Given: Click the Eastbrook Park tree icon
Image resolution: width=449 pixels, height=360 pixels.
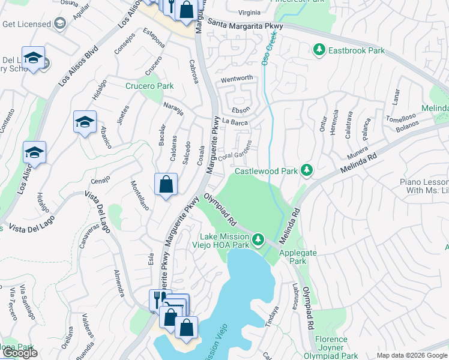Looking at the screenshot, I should point(319,50).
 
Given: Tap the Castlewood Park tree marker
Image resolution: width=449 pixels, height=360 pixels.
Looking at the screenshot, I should point(307,170).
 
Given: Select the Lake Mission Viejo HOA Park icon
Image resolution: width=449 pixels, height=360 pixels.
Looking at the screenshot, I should point(258,240).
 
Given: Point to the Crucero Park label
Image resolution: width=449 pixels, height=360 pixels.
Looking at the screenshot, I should point(149,86).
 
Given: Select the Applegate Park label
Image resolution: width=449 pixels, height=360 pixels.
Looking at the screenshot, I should point(294,257).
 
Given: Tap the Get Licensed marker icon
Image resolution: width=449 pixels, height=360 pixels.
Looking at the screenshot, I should point(59,23).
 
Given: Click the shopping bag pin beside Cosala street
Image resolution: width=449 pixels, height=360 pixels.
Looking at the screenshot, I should point(166,184).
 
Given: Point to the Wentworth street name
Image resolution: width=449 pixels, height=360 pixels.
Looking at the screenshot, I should point(237,79).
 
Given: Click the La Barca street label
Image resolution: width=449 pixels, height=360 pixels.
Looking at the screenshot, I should point(235,122).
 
